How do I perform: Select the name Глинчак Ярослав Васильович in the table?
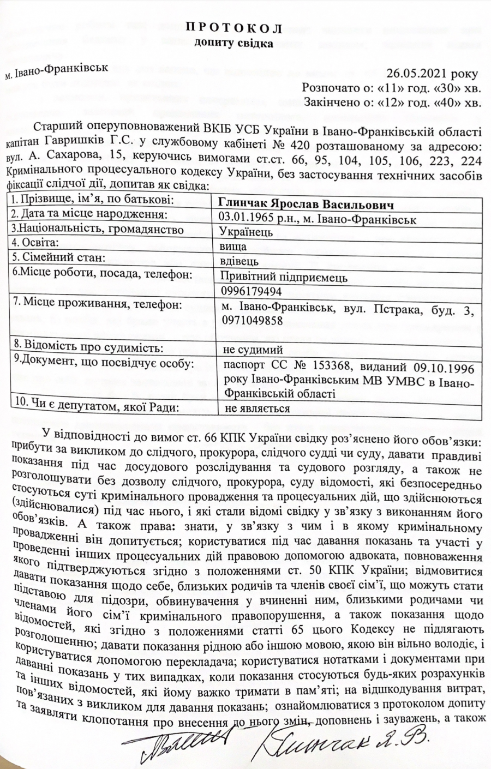pyautogui.click(x=306, y=203)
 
